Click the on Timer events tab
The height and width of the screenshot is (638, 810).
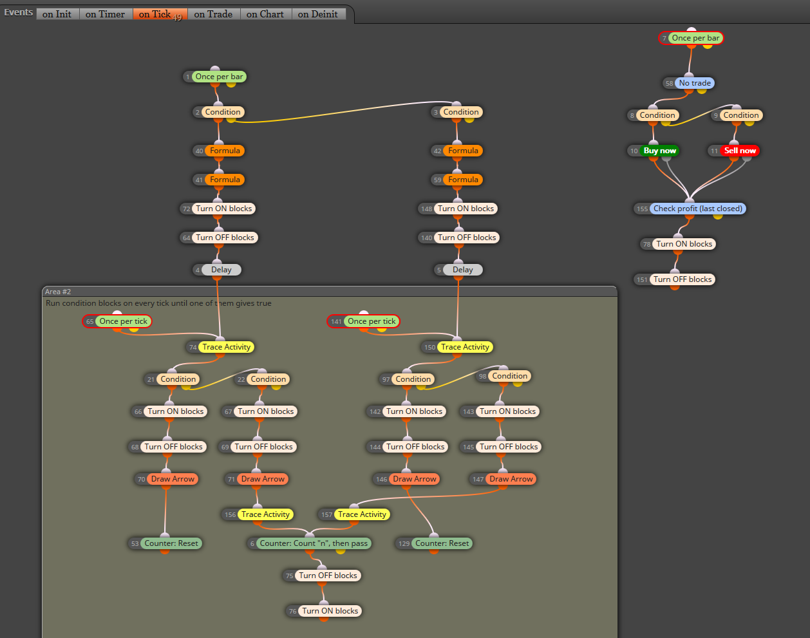105,14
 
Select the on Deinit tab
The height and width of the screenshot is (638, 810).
318,14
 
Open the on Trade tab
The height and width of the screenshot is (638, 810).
213,14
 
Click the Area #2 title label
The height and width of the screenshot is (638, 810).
58,292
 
